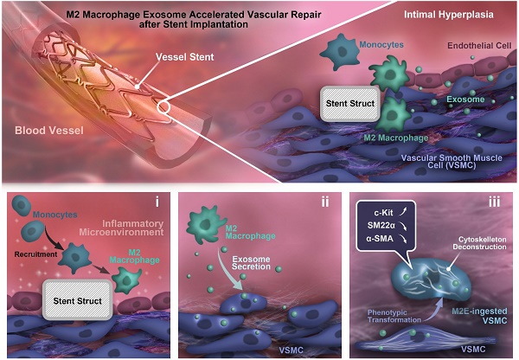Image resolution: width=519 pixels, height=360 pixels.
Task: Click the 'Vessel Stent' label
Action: click(x=185, y=57)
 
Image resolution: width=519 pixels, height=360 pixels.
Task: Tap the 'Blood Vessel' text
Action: click(x=49, y=131)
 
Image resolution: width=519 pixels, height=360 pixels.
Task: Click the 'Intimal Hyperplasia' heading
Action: click(x=448, y=15)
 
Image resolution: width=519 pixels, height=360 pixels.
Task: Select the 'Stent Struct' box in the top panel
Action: click(x=350, y=103)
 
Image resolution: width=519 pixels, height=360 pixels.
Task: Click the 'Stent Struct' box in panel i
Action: click(x=78, y=300)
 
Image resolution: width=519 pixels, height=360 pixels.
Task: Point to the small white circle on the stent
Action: click(x=163, y=107)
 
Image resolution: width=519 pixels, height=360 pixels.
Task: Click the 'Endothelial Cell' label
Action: click(x=479, y=45)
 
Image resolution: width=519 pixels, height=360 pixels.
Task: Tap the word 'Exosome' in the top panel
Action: click(x=465, y=100)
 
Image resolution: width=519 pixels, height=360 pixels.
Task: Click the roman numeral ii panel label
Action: click(x=325, y=202)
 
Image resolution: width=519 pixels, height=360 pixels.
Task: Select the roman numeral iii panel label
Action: click(x=495, y=202)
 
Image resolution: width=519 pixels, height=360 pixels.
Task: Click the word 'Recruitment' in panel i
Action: click(x=35, y=254)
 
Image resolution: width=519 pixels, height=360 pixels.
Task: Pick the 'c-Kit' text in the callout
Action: click(x=383, y=212)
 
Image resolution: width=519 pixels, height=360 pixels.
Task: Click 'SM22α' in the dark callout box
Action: click(x=381, y=226)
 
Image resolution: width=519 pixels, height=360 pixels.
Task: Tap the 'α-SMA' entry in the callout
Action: click(x=380, y=238)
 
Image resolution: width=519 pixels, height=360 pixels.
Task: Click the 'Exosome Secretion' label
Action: click(x=251, y=263)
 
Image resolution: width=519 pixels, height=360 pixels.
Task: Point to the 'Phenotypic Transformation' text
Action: click(x=394, y=316)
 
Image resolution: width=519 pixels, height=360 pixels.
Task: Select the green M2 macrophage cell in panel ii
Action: click(x=205, y=224)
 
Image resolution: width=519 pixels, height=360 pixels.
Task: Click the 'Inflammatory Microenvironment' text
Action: click(x=121, y=228)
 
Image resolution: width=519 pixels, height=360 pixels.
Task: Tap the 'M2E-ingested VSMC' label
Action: click(x=479, y=316)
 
